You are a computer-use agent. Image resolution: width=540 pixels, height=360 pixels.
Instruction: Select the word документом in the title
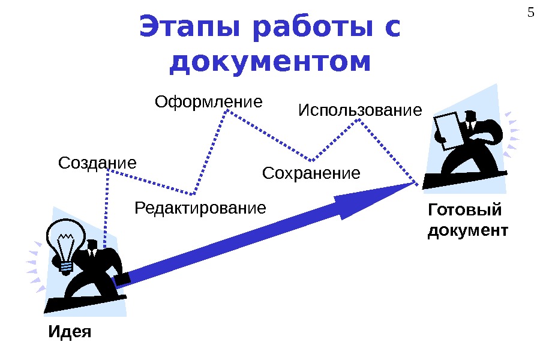pos(271,62)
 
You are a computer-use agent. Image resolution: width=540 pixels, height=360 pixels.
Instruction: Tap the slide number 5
pos(530,11)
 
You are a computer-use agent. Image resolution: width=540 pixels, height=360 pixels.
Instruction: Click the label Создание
pos(98,163)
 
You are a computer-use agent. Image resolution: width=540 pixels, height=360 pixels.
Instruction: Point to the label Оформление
pos(209,101)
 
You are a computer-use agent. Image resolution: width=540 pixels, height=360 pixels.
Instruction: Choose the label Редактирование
pos(200,209)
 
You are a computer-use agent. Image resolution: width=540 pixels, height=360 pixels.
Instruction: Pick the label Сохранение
pos(311,173)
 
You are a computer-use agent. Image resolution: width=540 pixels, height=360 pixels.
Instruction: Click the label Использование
pos(360,111)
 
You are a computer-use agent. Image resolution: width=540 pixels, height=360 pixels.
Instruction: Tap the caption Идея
pos(70,332)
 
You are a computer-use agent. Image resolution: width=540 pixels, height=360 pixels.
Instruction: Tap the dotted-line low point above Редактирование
pos(194,194)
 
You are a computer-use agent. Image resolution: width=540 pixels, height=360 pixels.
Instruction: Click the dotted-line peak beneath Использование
pos(359,120)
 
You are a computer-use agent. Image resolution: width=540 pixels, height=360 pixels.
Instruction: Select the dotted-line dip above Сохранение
pos(313,160)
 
